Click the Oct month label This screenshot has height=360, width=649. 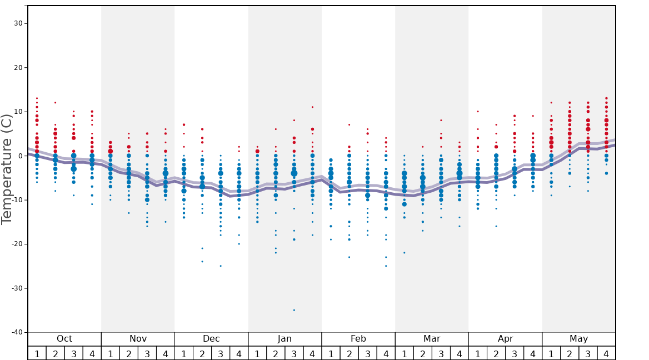pyautogui.click(x=64, y=339)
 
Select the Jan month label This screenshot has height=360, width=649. pyautogui.click(x=284, y=339)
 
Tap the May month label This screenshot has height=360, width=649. pyautogui.click(x=578, y=339)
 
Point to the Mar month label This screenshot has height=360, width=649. pyautogui.click(x=432, y=339)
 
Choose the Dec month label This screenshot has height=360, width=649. pyautogui.click(x=211, y=339)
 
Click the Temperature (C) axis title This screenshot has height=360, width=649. pyautogui.click(x=7, y=169)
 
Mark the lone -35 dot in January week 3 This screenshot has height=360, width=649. pyautogui.click(x=294, y=310)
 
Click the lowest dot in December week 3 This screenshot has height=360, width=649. pyautogui.click(x=221, y=266)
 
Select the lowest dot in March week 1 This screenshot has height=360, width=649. pyautogui.click(x=405, y=253)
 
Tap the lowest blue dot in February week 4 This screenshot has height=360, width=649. pyautogui.click(x=386, y=266)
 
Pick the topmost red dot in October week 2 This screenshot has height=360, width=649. pyautogui.click(x=55, y=103)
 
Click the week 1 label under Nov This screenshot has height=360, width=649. pyautogui.click(x=111, y=353)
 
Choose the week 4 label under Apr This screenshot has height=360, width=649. pyautogui.click(x=533, y=353)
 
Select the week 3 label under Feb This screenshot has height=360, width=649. pyautogui.click(x=367, y=353)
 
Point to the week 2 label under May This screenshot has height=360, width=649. pyautogui.click(x=570, y=353)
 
